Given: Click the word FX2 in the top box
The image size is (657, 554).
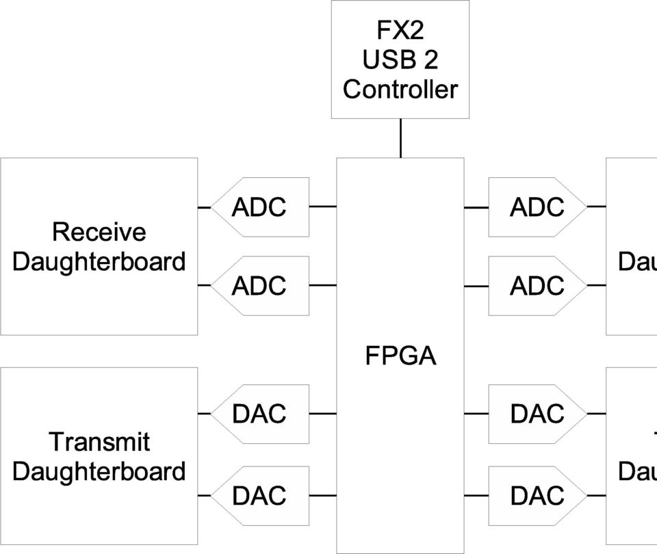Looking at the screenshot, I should (x=400, y=31).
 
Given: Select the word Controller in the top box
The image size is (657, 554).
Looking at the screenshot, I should (x=400, y=90).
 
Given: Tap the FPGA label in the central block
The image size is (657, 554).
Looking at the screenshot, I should (x=400, y=356).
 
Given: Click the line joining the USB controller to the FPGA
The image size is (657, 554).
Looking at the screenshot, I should (x=400, y=138).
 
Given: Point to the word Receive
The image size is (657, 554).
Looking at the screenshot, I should (x=99, y=233).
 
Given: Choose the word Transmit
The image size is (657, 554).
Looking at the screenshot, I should (x=99, y=443).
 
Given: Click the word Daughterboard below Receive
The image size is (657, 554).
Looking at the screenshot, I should (x=99, y=262).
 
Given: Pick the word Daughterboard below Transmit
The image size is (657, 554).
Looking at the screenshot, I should (x=99, y=472).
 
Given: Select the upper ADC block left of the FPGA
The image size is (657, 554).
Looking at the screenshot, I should (x=260, y=207).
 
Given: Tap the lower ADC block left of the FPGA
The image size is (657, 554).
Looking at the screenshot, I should (x=260, y=286).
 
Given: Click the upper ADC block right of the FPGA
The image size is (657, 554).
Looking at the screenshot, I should (x=537, y=207).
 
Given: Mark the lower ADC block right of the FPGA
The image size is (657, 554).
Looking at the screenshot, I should (x=537, y=286).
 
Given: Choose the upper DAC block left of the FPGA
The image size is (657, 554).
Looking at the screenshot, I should (x=260, y=414).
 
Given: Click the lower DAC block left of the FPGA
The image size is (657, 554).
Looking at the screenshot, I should (x=260, y=495).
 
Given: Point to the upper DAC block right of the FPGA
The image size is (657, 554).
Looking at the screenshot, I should (x=537, y=414).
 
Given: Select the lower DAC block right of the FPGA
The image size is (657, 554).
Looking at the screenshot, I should (x=537, y=495).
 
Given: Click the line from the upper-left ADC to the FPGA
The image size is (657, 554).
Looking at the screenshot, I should (x=323, y=206).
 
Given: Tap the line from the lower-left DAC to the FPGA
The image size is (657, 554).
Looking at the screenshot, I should (x=323, y=495).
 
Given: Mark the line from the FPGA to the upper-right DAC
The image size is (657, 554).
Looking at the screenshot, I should (x=476, y=414).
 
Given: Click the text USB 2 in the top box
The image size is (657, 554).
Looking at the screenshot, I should (x=400, y=60).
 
